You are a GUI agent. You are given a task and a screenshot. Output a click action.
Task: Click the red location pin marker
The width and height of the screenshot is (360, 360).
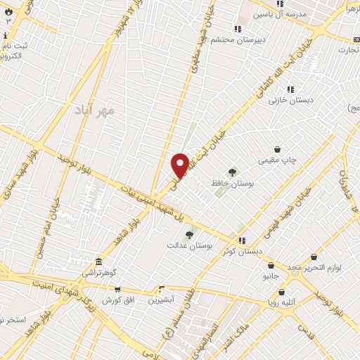pyautogui.click(x=180, y=164)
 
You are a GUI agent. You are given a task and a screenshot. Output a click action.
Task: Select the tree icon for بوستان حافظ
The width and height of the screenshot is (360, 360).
pyautogui.click(x=232, y=172)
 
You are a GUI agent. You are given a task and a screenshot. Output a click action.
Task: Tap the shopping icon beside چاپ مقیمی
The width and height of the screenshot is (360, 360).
pyautogui.click(x=278, y=150)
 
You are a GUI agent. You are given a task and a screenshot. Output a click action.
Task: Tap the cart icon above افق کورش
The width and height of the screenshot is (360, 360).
pyautogui.click(x=117, y=289)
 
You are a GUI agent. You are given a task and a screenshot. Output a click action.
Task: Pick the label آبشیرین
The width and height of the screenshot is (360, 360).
pyautogui.click(x=161, y=300)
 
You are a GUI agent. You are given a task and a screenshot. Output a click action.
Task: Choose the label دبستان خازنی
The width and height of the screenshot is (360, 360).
pyautogui.click(x=287, y=101)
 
